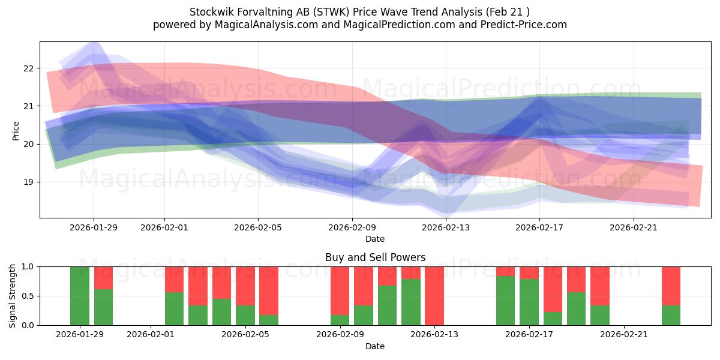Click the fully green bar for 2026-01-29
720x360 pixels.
pos(80,296)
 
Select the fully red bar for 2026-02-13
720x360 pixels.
pos(434,296)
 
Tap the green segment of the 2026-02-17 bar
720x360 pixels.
pos(529,302)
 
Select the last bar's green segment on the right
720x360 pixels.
pos(671,315)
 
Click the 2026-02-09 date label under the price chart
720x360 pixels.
pos(352,227)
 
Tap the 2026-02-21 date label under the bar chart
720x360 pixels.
pos(624,335)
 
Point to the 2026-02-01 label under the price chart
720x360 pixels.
pos(164,227)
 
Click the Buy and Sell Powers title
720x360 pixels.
pos(375,257)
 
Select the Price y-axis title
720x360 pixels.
pos(16,130)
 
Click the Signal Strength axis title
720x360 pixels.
pos(13,296)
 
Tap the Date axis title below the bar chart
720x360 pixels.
pos(375,346)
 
